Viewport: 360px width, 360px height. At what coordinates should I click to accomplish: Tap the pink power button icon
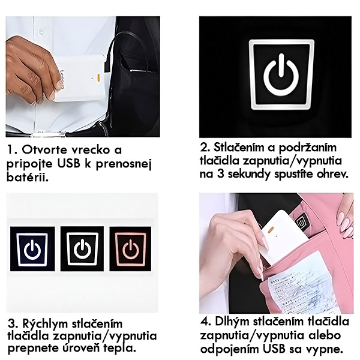[x=130, y=249]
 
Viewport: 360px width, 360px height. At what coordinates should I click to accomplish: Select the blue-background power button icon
[x=32, y=250]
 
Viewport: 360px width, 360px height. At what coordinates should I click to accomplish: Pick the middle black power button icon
[x=82, y=249]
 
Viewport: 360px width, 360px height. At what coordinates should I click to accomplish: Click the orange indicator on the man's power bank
[x=98, y=78]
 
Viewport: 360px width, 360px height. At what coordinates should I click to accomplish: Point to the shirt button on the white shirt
[x=41, y=30]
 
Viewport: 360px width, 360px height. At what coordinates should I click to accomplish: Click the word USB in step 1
[x=68, y=164]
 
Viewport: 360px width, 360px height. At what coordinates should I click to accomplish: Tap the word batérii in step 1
[x=28, y=177]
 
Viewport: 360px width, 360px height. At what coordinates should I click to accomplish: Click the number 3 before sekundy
[x=220, y=174]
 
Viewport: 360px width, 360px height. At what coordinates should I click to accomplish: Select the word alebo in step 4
[x=325, y=335]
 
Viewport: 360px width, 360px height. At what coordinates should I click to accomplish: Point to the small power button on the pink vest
[x=301, y=223]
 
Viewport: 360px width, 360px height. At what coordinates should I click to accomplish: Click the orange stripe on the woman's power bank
[x=271, y=229]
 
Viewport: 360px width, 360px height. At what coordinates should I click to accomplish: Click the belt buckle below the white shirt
[x=48, y=133]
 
